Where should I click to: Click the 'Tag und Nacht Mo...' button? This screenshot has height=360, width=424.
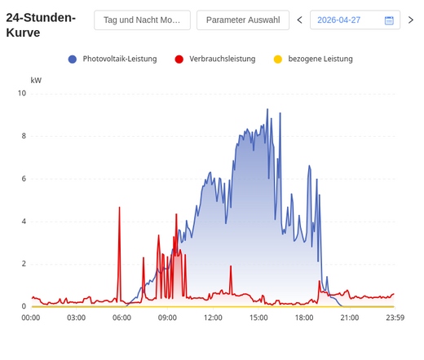pos(142,20)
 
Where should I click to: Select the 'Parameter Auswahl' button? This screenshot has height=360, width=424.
pos(243,20)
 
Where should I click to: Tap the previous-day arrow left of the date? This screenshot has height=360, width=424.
pos(300,20)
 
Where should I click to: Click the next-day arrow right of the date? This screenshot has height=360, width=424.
pos(411,20)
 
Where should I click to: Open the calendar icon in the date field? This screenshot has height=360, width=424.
pos(389,20)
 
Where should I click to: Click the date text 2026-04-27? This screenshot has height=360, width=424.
pos(338,20)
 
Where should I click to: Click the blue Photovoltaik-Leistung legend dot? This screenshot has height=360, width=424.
pos(73,59)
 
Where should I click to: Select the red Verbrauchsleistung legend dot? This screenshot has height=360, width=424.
pos(179,59)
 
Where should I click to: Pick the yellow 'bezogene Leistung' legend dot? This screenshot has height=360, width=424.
pos(278,59)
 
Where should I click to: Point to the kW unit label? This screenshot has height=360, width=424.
pos(36,81)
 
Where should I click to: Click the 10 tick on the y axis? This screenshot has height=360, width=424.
pos(22,94)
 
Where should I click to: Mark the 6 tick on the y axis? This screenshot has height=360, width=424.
pos(24,178)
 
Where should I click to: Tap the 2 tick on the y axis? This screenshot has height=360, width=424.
pos(24,264)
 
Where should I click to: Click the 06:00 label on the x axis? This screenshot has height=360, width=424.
pos(121,318)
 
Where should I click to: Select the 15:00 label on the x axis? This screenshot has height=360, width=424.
pos(258,318)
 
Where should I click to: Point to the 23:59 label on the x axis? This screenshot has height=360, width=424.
pos(395,318)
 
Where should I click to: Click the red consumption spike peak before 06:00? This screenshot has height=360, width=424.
pos(119,208)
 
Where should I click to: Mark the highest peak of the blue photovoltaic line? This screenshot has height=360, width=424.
pos(267,109)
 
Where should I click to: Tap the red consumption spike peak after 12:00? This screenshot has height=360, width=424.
pos(231,266)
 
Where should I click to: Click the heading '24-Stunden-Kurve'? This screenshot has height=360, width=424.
pos(41,25)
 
